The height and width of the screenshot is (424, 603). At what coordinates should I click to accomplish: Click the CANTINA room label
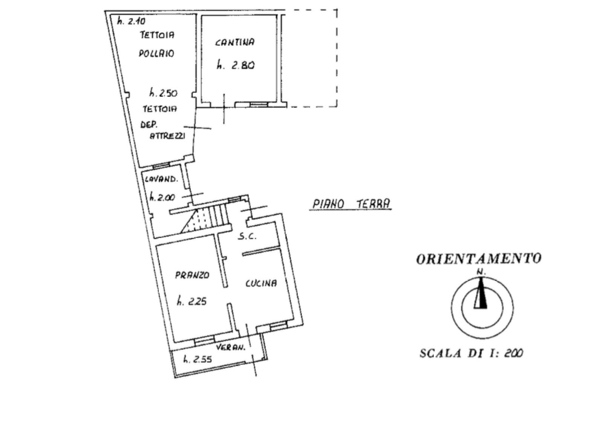point(234,42)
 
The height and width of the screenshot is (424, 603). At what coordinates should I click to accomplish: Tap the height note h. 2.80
point(236,65)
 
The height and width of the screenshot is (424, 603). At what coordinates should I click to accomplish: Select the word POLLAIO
point(156,53)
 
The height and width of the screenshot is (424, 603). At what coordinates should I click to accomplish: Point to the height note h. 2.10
point(132,21)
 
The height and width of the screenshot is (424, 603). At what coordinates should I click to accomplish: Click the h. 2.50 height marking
point(164,93)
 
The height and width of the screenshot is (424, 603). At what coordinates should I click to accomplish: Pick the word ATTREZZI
point(167,136)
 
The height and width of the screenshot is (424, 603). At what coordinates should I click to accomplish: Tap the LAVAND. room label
point(161,179)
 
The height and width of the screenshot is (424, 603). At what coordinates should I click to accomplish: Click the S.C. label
point(247,236)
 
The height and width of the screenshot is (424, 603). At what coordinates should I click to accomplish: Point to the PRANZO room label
point(192,275)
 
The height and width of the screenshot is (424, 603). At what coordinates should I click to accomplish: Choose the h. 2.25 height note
point(192,301)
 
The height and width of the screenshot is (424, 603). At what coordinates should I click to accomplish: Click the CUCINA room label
point(261,283)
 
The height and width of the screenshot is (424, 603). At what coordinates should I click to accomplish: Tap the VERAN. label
point(231,347)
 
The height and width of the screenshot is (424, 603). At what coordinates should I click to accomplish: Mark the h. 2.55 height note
point(197,359)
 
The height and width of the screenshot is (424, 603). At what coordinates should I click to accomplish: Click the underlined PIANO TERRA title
point(351,204)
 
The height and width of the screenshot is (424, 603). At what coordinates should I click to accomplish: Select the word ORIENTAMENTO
point(479,259)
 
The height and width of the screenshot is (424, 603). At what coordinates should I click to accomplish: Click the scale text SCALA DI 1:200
point(471,353)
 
